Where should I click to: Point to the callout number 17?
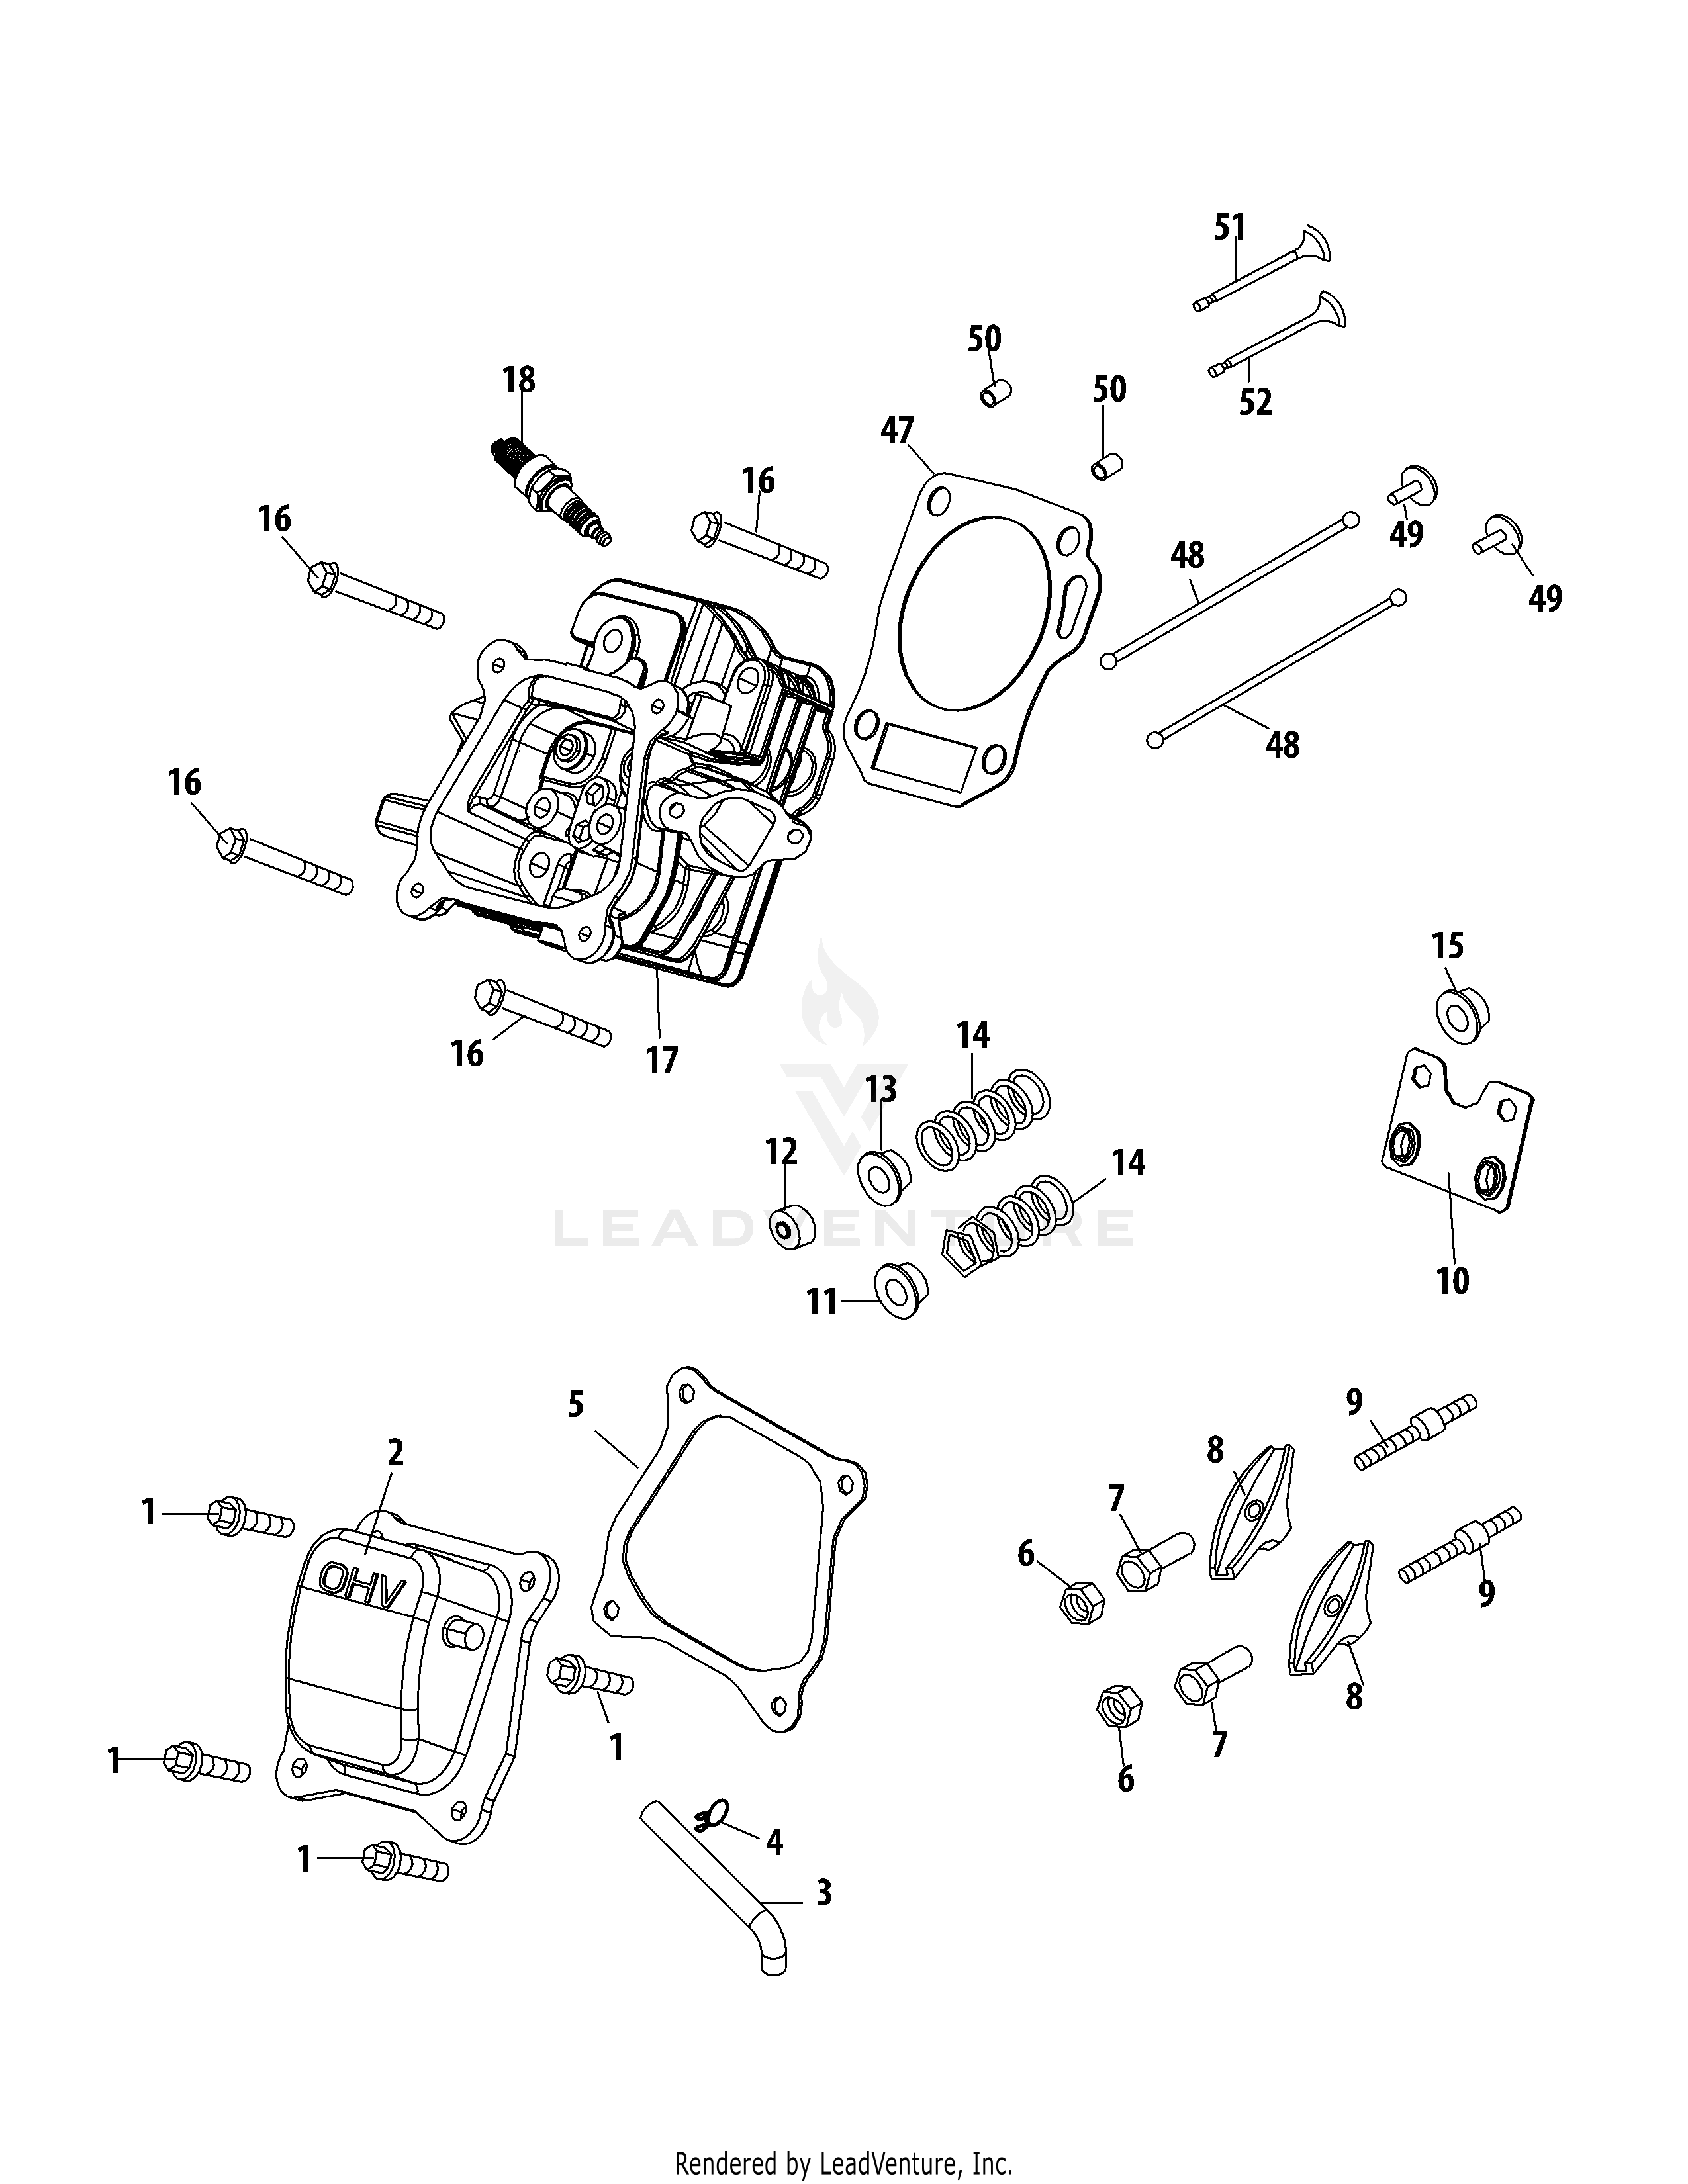tap(662, 1060)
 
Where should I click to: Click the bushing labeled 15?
tap(1463, 1016)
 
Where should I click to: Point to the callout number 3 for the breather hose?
tap(823, 1893)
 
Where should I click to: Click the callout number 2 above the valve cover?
tap(395, 1452)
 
